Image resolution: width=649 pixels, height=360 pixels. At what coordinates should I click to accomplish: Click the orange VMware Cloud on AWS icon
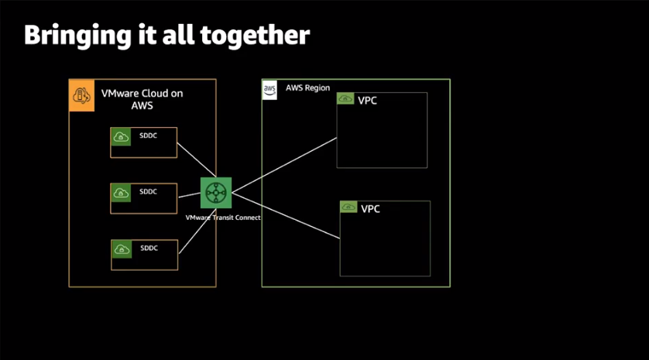[81, 95]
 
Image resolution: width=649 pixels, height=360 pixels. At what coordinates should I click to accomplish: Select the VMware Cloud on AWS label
[142, 100]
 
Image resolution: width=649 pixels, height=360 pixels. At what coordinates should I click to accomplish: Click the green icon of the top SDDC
[121, 137]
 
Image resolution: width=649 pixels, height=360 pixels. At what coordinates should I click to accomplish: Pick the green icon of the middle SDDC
[121, 192]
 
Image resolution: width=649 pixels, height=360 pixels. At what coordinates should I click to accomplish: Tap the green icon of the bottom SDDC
[121, 249]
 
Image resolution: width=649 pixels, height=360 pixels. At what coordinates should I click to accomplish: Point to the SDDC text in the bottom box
[148, 248]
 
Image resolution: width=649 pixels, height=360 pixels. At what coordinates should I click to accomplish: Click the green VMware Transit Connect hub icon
[215, 192]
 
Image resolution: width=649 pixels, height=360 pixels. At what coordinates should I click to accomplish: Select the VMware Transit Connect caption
[222, 218]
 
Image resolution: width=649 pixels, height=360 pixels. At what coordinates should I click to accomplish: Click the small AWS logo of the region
[270, 89]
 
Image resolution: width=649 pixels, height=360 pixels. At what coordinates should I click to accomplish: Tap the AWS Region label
[307, 88]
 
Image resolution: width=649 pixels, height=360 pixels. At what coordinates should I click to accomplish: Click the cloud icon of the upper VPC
[345, 100]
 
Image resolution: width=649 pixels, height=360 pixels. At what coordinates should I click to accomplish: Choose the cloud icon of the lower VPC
[349, 208]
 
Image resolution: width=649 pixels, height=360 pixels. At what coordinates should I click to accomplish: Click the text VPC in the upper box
[368, 101]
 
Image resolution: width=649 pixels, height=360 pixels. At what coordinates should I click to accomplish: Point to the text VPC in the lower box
[372, 209]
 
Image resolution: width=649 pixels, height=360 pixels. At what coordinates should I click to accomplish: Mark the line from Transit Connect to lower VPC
[286, 214]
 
